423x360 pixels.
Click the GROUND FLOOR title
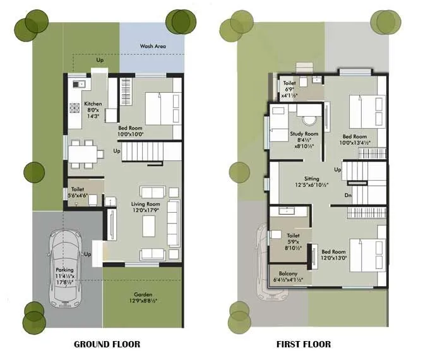click(x=107, y=344)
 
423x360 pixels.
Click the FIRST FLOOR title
click(x=303, y=344)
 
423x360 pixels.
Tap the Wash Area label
click(x=152, y=46)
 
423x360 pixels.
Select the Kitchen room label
click(x=93, y=104)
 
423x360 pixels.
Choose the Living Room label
click(x=145, y=205)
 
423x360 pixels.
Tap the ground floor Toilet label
click(x=78, y=189)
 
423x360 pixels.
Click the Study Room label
click(x=304, y=134)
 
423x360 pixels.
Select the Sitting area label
click(x=311, y=179)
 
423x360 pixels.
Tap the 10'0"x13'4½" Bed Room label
click(x=354, y=136)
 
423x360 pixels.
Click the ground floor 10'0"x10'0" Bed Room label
click(x=131, y=129)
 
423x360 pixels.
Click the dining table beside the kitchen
click(x=83, y=154)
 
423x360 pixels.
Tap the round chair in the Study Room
click(x=310, y=119)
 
